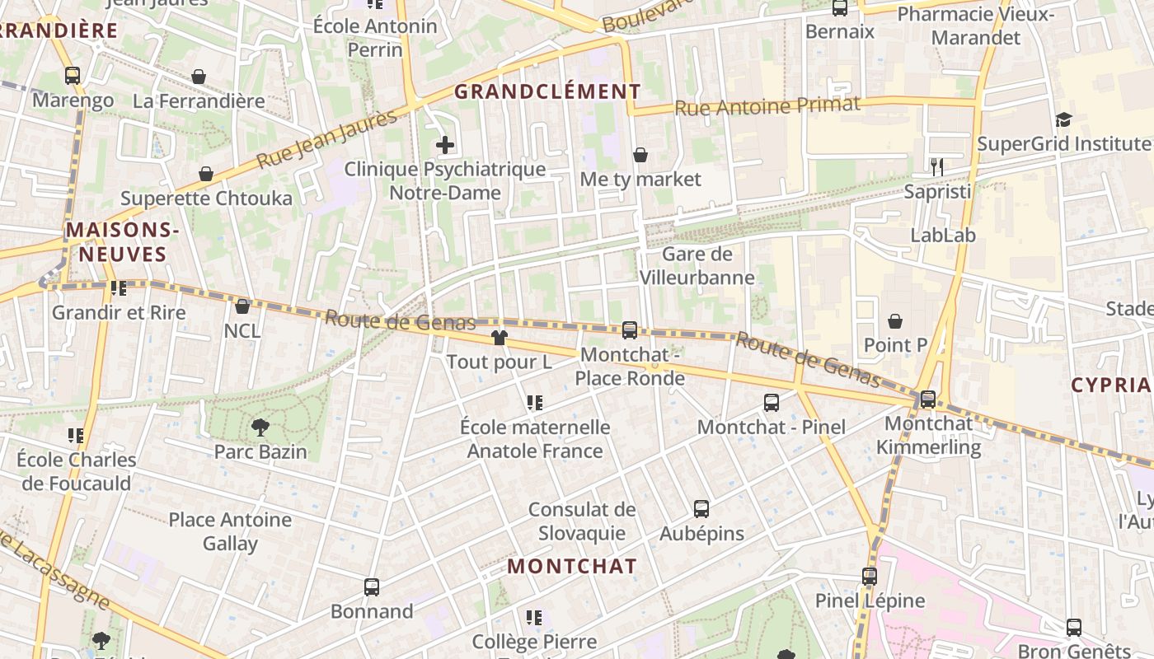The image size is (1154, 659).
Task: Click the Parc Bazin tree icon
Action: pos(260,427)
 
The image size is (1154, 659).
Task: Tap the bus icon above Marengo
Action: pos(73,76)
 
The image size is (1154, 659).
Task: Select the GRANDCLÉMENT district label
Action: pos(547,91)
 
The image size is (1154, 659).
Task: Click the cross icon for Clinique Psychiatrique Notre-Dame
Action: pos(445,146)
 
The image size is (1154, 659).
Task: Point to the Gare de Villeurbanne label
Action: pos(697,265)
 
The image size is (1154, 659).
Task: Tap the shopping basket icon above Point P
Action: pos(895,320)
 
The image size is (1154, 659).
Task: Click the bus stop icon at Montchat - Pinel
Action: pos(772,403)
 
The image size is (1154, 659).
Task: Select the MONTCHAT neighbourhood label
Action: pos(571,566)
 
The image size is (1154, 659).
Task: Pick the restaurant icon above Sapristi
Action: pos(936,167)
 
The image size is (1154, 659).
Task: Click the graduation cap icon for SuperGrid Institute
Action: pos(1063,120)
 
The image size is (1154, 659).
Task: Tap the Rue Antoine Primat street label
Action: pos(767,105)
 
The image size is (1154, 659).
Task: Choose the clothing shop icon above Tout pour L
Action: pos(499,337)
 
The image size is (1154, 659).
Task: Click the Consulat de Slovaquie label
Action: pos(582,521)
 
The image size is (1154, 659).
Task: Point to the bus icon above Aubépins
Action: pos(701,509)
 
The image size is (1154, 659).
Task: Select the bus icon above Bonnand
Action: pos(372,587)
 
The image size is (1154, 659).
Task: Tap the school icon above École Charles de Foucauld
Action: pos(76,435)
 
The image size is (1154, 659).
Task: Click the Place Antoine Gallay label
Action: pos(230,531)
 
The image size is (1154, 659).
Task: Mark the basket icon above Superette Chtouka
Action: pos(206,174)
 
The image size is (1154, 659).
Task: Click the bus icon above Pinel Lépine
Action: pos(870,577)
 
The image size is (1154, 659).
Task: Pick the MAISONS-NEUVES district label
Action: pos(122,241)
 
